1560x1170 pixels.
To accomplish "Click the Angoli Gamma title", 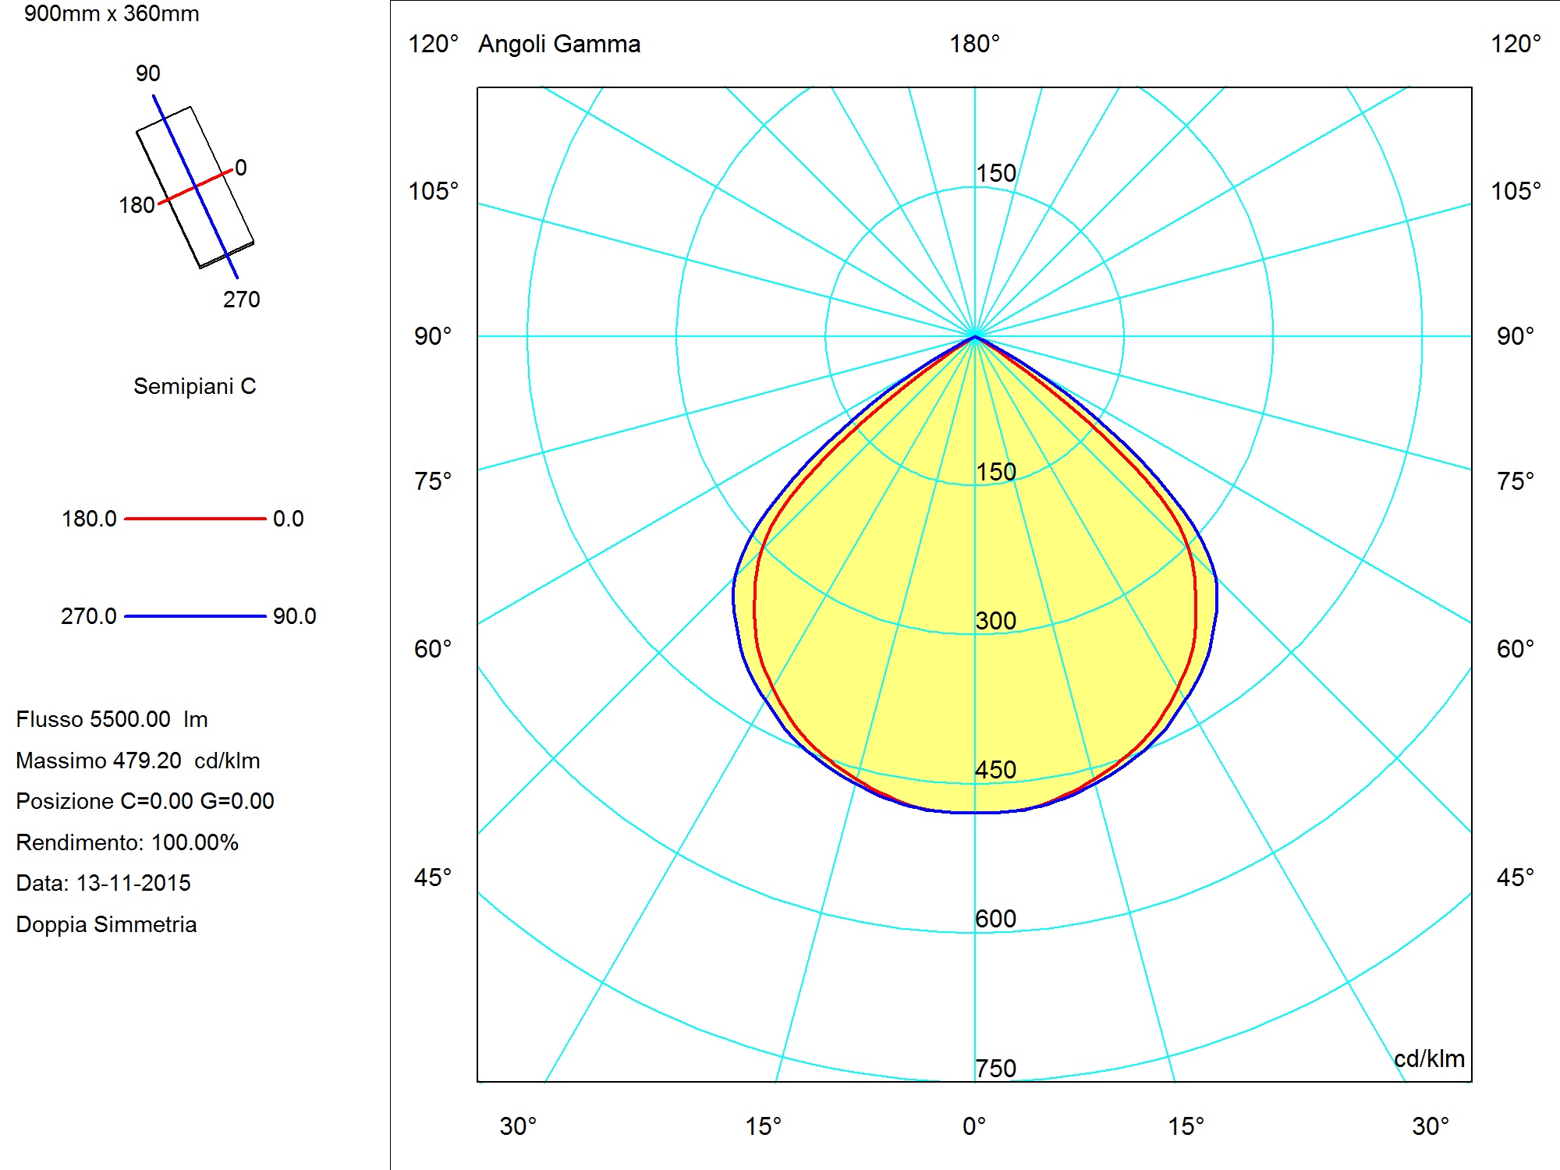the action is (x=559, y=44).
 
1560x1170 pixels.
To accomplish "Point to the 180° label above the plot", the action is (x=974, y=44).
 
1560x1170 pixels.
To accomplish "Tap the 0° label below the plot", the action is (x=974, y=1126).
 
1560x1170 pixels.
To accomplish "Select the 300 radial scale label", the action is (x=996, y=621).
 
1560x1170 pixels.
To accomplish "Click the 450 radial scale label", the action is (x=996, y=770).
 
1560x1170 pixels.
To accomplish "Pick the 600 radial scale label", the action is (x=996, y=919).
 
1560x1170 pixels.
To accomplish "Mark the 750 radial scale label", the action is (x=996, y=1069).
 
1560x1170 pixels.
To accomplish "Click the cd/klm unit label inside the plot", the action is (x=1429, y=1058).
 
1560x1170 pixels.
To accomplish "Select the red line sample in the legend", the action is (x=195, y=518).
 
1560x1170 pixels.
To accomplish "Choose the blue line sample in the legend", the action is (x=195, y=616).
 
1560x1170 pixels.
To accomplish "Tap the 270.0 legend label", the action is (x=89, y=616).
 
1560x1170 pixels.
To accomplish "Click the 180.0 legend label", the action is (x=89, y=519).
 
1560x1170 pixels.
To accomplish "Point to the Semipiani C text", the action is (x=195, y=386).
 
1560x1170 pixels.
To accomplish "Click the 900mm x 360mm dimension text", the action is (x=112, y=13).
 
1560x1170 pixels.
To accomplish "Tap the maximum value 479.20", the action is (x=147, y=760).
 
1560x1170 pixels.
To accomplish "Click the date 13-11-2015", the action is (x=133, y=883).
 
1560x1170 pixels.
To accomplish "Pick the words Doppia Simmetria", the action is (x=106, y=924).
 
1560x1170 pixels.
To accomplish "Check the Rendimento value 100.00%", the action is (x=195, y=842).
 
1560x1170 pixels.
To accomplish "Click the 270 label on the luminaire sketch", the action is (x=242, y=300).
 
